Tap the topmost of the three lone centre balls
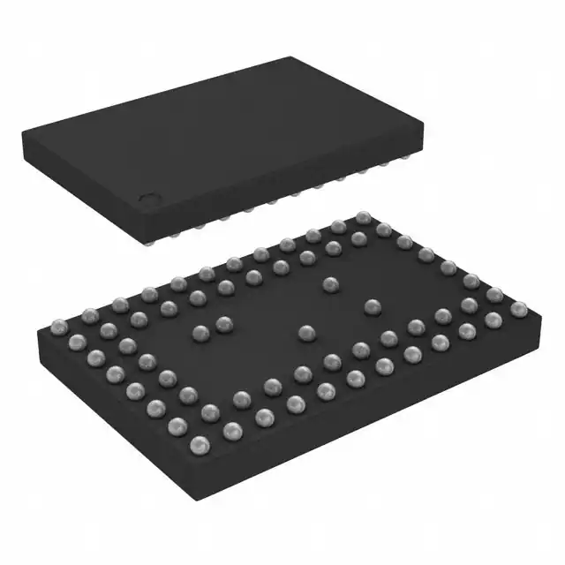331,283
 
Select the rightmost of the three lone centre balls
373,306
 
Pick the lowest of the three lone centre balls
306,333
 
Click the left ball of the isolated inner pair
200,333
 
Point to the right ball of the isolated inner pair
223,323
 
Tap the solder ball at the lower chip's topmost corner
362,217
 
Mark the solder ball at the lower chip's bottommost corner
232,430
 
